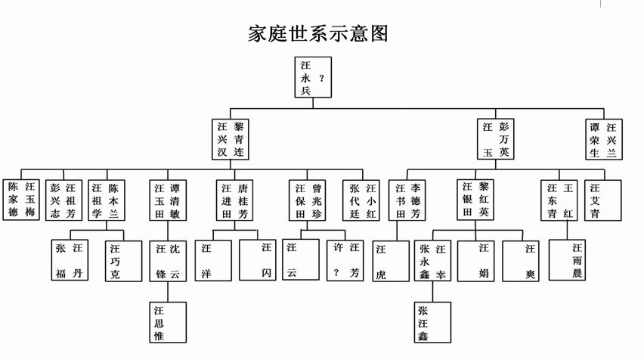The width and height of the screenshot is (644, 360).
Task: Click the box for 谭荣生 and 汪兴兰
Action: (x=603, y=139)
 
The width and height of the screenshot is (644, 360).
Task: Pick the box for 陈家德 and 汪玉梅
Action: (x=22, y=199)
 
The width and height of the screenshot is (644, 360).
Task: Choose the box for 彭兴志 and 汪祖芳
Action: (x=63, y=199)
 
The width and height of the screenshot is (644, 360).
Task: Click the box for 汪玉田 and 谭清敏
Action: (x=167, y=199)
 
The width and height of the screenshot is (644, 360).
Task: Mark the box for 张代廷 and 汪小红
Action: (x=361, y=199)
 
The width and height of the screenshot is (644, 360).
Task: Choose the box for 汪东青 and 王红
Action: (x=559, y=199)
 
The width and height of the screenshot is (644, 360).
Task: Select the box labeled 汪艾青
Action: (x=602, y=199)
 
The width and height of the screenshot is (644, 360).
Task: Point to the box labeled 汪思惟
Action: (x=167, y=321)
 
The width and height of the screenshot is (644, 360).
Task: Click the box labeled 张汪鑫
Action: (x=432, y=321)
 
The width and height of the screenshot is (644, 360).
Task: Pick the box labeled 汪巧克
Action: (x=123, y=260)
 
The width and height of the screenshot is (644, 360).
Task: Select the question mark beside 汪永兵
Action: (x=323, y=77)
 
